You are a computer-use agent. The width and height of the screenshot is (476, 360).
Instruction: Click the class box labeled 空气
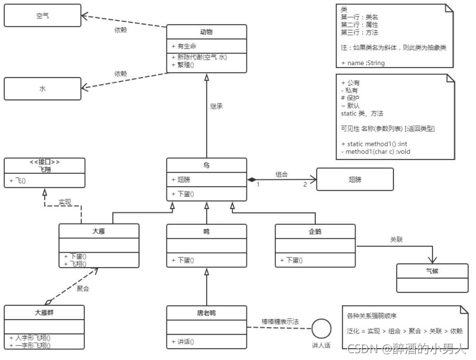click(42, 16)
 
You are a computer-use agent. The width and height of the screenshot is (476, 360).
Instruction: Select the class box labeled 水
click(42, 89)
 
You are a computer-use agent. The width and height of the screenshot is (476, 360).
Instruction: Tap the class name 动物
click(207, 32)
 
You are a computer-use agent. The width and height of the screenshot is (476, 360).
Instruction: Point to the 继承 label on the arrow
click(217, 106)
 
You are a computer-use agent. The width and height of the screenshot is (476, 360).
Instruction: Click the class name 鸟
click(207, 166)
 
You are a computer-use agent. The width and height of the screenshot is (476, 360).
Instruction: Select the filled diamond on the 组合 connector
click(252, 179)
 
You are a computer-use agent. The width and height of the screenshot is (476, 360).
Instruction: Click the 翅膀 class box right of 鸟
click(354, 179)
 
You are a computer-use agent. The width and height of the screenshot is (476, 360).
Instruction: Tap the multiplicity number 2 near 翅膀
click(305, 185)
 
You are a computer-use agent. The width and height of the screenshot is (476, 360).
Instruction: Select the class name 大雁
click(99, 231)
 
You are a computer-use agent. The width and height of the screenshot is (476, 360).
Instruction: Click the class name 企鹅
click(315, 231)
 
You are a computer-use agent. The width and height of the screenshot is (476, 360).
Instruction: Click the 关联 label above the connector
click(397, 239)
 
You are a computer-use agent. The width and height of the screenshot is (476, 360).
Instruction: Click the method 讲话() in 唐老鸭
click(185, 341)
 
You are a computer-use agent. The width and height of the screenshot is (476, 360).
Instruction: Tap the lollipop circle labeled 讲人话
click(321, 328)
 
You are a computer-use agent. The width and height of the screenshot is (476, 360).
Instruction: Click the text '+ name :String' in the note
click(363, 63)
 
